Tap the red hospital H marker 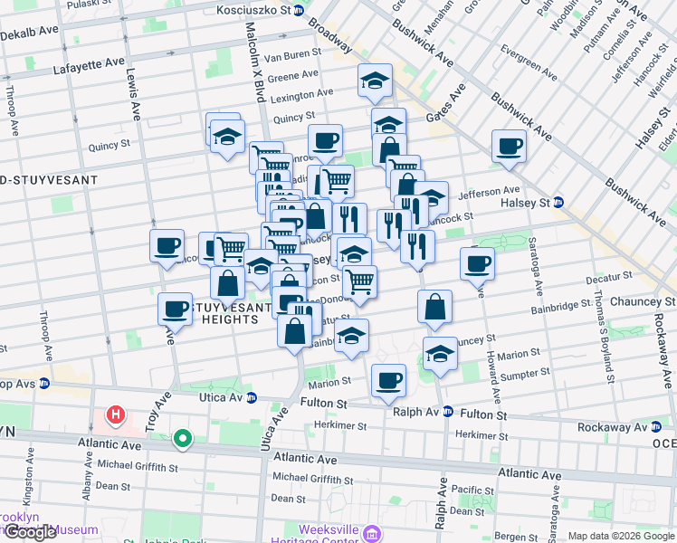(115, 416)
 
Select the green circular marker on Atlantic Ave (183, 440)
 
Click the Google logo (30, 532)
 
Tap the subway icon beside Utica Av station (252, 397)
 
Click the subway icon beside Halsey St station (558, 202)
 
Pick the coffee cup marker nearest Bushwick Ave (509, 146)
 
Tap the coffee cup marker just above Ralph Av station (389, 380)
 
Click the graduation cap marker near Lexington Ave (374, 81)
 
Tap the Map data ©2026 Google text (621, 536)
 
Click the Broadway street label (329, 35)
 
